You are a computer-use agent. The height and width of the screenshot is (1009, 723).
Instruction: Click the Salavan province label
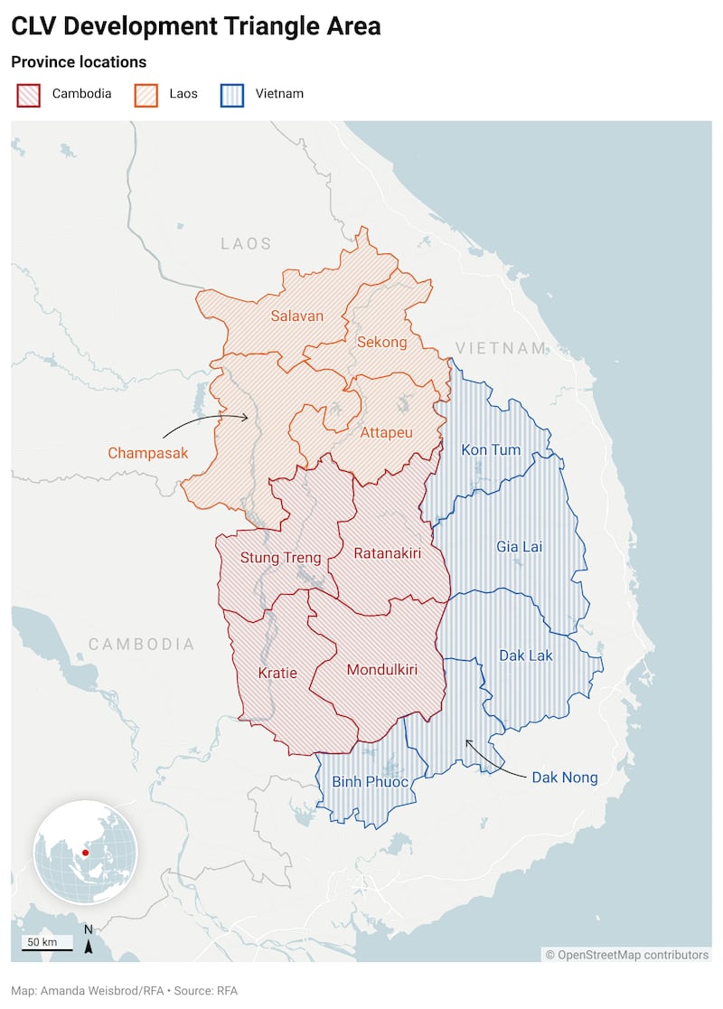296,316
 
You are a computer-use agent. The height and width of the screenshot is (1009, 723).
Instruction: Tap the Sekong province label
381,342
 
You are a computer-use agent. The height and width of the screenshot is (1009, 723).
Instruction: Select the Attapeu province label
386,433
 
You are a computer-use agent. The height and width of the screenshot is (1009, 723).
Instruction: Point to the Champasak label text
148,453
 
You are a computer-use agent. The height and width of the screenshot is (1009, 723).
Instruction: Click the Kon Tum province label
491,449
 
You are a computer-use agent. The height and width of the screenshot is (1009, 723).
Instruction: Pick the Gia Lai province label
520,546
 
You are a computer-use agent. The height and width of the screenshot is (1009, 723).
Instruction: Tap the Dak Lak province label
526,655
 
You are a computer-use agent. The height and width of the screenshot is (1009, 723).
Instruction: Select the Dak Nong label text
564,777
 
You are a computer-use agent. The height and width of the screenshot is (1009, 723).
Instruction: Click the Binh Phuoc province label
370,781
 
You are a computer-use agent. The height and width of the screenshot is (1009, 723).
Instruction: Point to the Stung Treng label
280,558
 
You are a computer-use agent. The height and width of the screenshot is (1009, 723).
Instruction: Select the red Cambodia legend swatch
29,94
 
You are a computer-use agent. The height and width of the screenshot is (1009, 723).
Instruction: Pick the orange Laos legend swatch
146,94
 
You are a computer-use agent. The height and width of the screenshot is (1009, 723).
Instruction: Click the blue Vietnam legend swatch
232,94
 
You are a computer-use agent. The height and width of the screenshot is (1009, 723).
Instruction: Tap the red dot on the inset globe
85,853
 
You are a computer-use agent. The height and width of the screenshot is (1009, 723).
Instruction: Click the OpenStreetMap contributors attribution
626,955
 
